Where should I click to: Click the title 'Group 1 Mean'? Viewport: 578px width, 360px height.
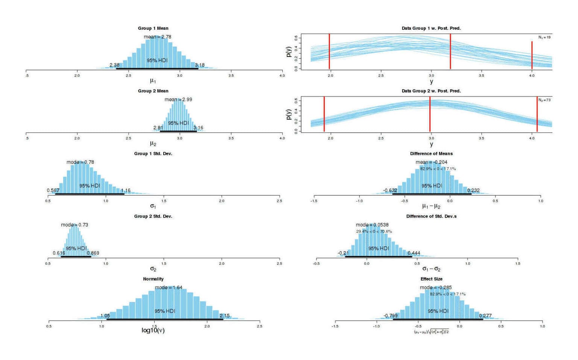click(153, 28)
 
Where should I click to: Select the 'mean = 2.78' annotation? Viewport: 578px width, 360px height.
click(157, 37)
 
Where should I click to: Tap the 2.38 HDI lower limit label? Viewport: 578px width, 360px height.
click(114, 65)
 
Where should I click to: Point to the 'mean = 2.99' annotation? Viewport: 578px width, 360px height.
click(178, 99)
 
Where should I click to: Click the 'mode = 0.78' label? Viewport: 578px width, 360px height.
click(80, 162)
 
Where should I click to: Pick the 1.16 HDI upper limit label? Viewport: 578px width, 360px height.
click(126, 191)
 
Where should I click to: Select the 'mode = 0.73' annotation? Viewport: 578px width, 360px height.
click(75, 225)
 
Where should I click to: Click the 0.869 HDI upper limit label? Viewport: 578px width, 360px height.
click(93, 253)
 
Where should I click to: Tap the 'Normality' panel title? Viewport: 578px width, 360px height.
click(153, 279)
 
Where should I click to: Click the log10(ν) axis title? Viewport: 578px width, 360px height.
click(153, 330)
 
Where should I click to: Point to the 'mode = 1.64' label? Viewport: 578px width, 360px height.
click(169, 288)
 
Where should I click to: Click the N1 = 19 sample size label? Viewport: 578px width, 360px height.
click(544, 37)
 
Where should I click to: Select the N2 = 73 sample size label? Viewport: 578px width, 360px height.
click(544, 100)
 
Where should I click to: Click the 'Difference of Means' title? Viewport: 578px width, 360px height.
click(431, 154)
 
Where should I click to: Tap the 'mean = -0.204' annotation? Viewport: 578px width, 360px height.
click(431, 162)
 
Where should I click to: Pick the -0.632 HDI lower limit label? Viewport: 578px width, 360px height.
click(390, 191)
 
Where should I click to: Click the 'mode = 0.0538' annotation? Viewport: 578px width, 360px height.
click(372, 225)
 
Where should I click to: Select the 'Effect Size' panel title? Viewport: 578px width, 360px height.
click(431, 279)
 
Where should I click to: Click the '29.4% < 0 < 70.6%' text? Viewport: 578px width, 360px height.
click(374, 232)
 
